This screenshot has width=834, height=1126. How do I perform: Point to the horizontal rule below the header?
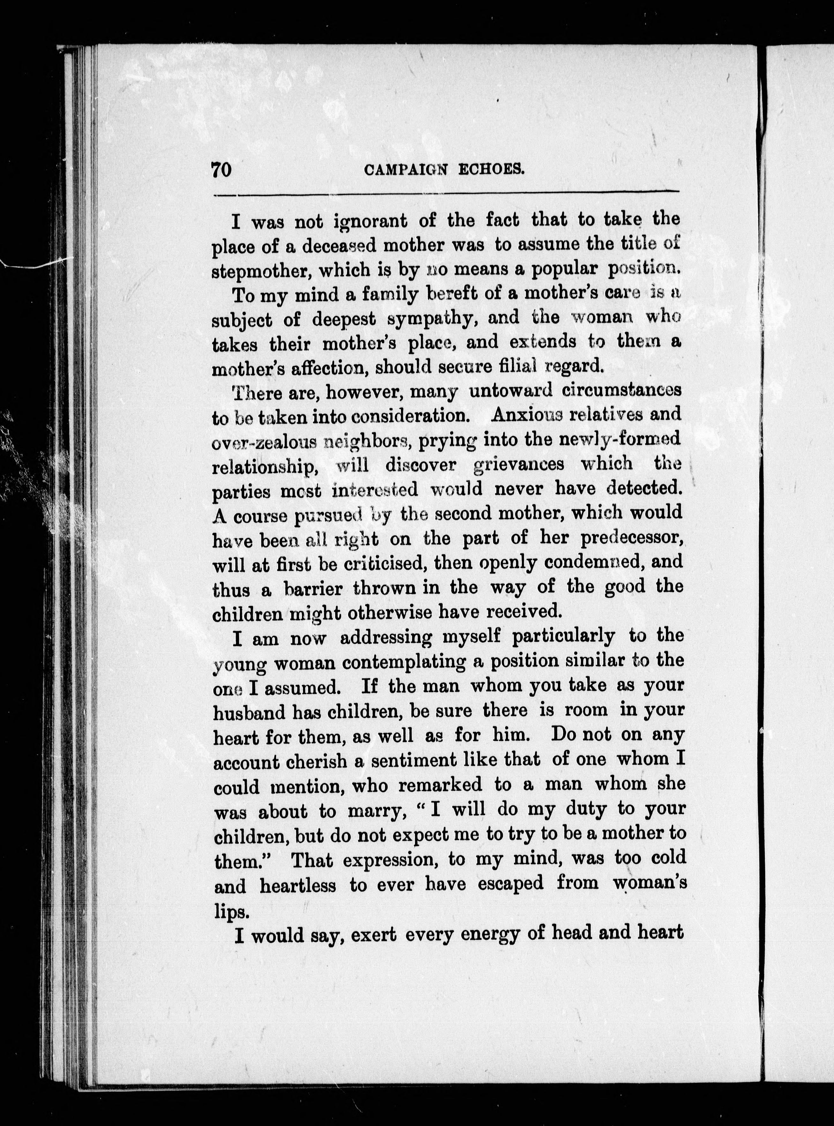click(447, 193)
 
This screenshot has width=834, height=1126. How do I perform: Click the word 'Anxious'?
click(528, 415)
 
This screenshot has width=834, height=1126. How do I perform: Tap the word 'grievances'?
click(518, 463)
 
